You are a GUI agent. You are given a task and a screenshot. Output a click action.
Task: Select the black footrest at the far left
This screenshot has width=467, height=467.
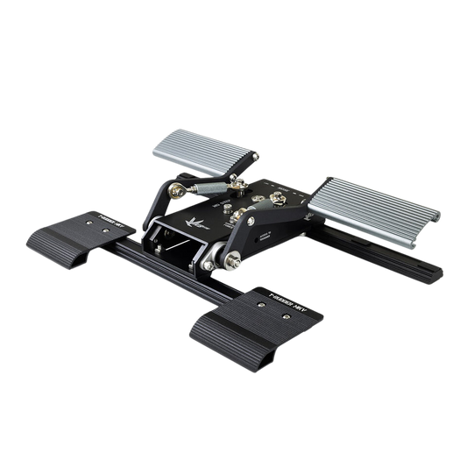pyautogui.click(x=96, y=233)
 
